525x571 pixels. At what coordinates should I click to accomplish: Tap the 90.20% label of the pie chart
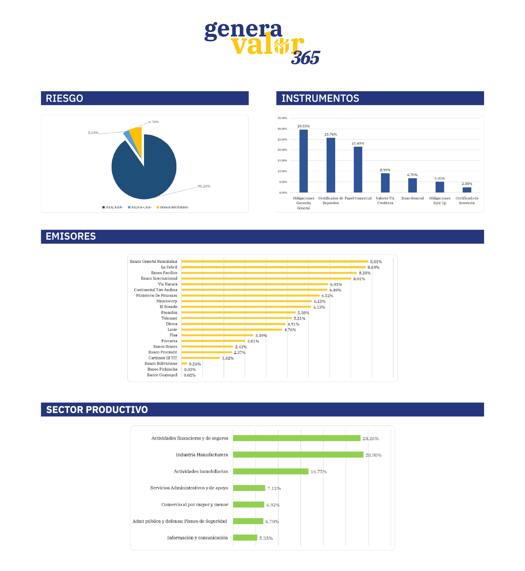point(204,186)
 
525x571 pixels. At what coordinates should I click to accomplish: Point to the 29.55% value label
point(303,126)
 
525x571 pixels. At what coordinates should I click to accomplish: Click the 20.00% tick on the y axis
point(282,150)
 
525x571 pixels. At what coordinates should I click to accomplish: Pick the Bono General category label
point(412,198)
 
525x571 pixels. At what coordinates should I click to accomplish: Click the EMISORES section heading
point(71,236)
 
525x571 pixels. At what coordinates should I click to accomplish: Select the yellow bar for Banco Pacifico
point(269,273)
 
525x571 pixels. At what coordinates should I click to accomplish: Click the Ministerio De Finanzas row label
point(157,295)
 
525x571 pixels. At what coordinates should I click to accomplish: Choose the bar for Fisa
point(217,335)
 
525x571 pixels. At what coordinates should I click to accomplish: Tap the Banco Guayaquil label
point(162,375)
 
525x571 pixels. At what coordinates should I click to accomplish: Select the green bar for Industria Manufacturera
point(298,455)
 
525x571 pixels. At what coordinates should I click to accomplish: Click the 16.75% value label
point(318,472)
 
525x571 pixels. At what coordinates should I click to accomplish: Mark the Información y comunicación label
point(197,538)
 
